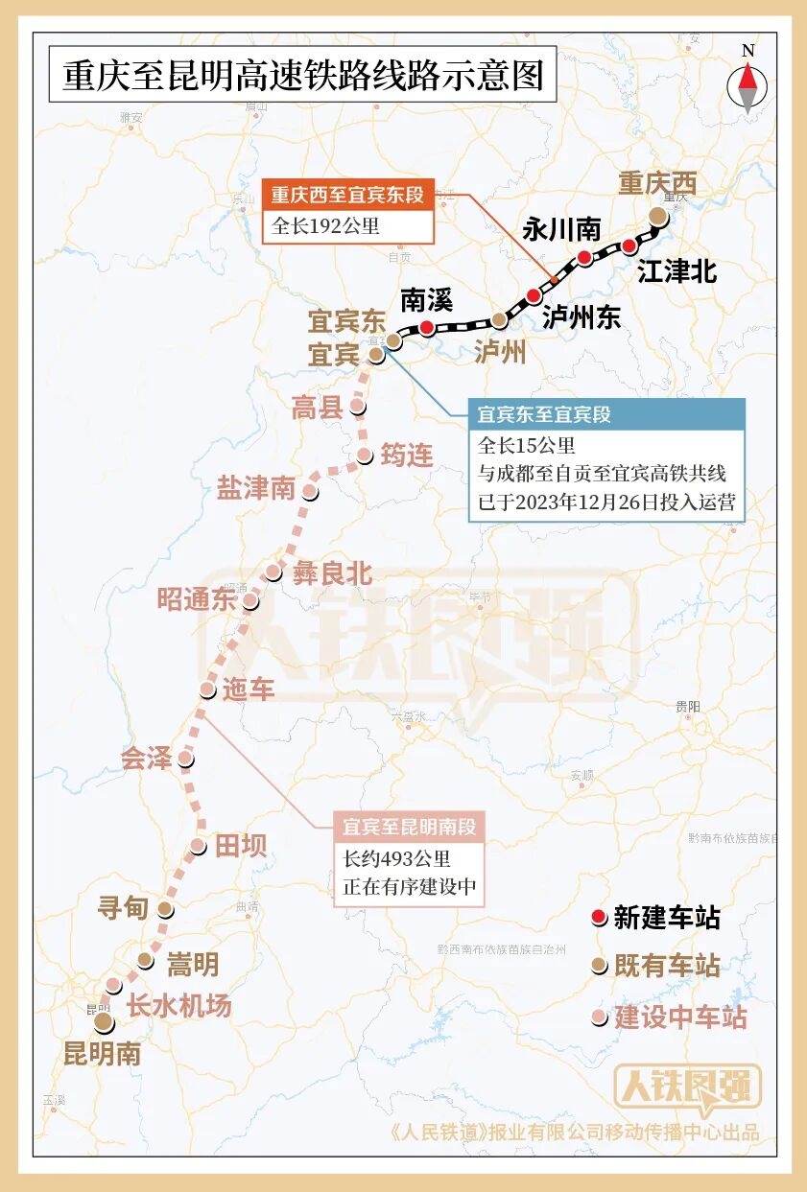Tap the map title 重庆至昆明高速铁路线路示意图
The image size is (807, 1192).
click(x=302, y=76)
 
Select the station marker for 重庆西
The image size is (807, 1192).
click(x=657, y=216)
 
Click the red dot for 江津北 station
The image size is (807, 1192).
click(x=629, y=246)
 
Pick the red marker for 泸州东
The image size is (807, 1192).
click(x=534, y=295)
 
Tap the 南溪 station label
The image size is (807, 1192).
click(x=426, y=300)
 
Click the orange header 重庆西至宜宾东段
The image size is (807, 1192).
click(x=346, y=196)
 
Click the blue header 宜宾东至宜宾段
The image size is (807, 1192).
click(x=544, y=415)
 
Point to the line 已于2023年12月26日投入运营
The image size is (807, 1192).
click(x=605, y=502)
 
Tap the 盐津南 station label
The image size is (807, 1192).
click(x=255, y=488)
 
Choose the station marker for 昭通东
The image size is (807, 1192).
click(x=250, y=601)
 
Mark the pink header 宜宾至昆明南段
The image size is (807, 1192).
click(x=409, y=827)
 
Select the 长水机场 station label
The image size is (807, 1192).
click(x=178, y=1006)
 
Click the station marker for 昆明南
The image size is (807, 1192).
click(x=104, y=1023)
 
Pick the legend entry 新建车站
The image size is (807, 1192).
click(x=666, y=918)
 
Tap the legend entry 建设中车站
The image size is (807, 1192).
click(x=679, y=1017)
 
